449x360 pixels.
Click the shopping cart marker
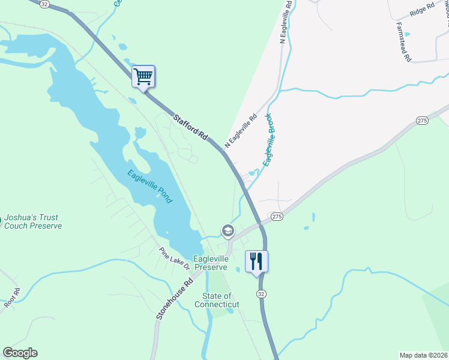coord(143,76)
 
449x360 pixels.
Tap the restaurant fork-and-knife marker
coord(256,261)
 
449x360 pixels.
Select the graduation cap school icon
coord(228,230)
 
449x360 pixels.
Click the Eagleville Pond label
coord(149,186)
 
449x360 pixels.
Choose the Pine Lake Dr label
coord(174,258)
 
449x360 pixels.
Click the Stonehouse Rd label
coord(175,298)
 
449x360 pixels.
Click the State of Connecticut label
coord(217,300)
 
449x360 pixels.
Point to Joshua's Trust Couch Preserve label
coord(33,222)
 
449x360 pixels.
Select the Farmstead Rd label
coord(403,43)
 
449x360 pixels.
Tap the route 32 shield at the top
coord(45,4)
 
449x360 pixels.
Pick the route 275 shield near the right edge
coord(422,121)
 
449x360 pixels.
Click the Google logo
coord(20,353)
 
